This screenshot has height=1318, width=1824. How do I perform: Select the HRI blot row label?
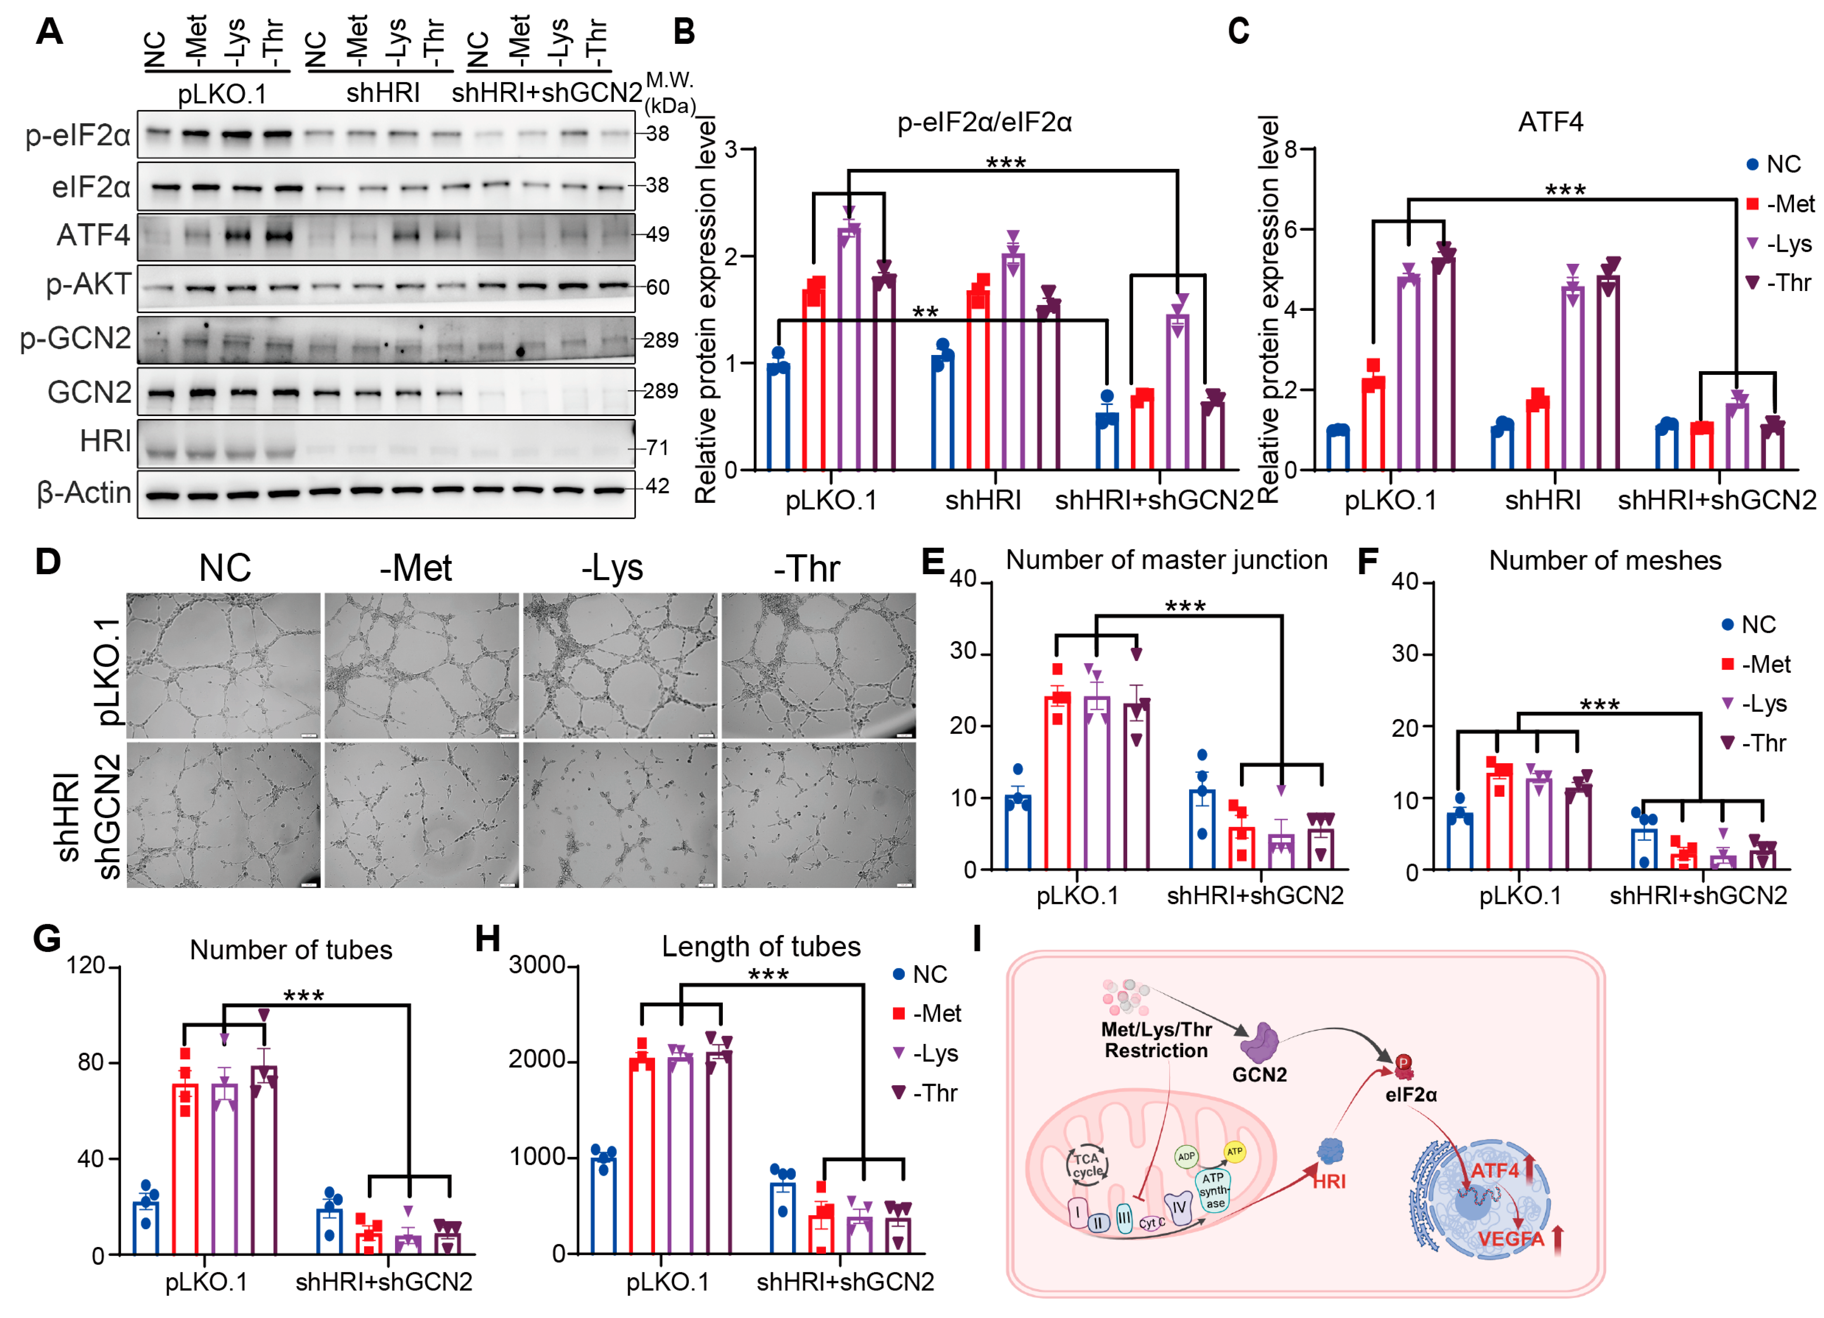[104, 442]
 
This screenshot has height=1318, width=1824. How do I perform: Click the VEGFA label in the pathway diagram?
[1510, 1238]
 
